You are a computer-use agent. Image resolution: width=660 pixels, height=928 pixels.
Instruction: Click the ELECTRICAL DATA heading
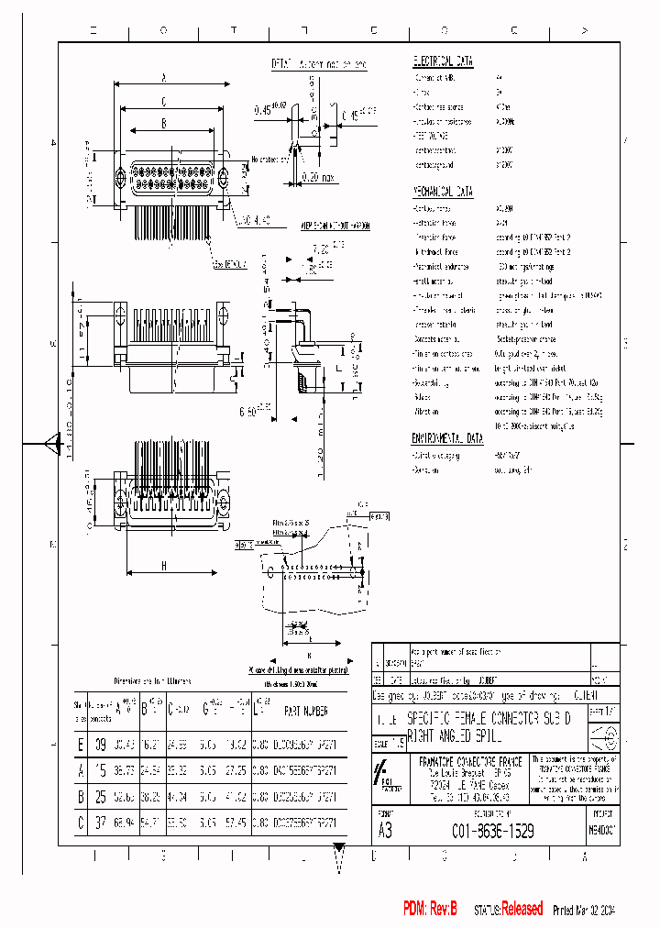tap(443, 61)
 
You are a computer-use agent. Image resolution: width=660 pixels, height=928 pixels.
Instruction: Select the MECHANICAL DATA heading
tap(444, 193)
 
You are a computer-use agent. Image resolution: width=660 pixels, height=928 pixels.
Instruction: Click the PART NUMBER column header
tap(304, 710)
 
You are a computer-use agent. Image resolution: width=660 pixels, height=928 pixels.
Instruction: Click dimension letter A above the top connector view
tap(162, 77)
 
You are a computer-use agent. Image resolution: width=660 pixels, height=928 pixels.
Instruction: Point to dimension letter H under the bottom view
tap(164, 567)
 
